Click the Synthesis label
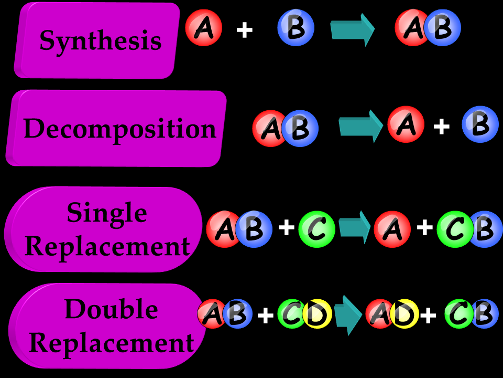coord(100,40)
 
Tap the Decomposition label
coord(119,129)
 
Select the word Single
coord(106,212)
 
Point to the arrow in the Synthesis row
coord(352,29)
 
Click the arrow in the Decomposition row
coord(361,126)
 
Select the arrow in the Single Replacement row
coord(355,227)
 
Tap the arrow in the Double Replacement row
coord(348,315)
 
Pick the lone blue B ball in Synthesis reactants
coord(296,28)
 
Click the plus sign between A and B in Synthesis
coord(244,30)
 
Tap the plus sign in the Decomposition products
coord(442,126)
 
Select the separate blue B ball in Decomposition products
coord(480,124)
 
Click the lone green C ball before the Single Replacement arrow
coord(316,229)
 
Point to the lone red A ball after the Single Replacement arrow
coord(392,229)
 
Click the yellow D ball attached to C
coord(318,314)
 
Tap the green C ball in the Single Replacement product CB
coord(454,229)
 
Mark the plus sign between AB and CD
coord(266,315)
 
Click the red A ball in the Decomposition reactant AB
coord(268,129)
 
